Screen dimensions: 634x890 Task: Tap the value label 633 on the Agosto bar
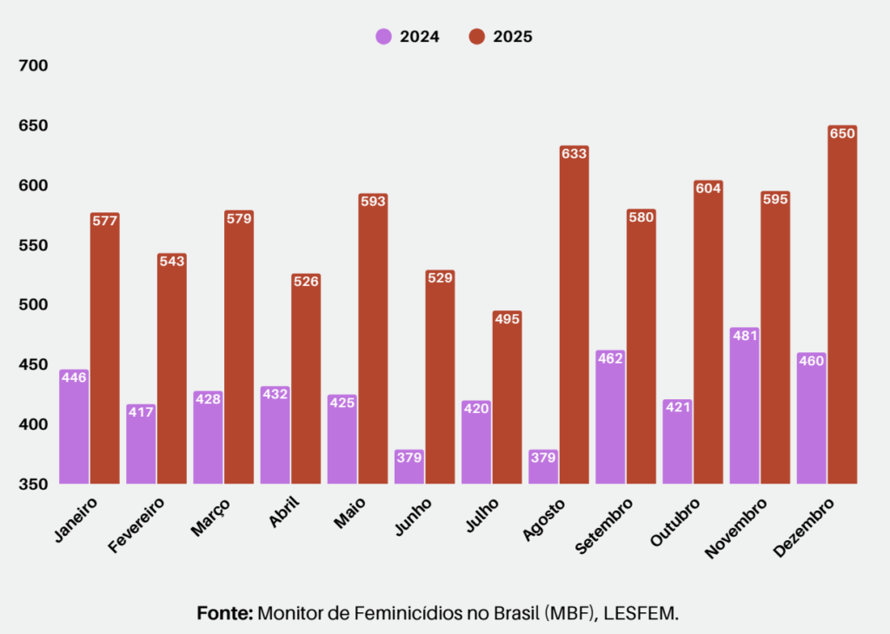pos(575,154)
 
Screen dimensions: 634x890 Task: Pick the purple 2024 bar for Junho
pos(408,470)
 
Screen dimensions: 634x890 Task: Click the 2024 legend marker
pos(383,37)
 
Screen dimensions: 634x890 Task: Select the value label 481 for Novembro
pos(744,336)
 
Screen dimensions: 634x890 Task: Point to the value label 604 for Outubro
pos(708,188)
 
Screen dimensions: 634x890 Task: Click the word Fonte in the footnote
pos(224,613)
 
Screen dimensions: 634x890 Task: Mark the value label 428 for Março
pos(208,398)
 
